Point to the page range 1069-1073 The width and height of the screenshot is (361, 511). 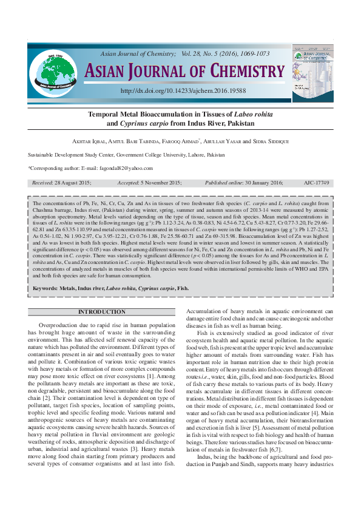click(254, 54)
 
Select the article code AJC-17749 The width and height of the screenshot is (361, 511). click(316, 182)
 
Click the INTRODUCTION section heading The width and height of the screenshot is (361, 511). click(102, 312)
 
